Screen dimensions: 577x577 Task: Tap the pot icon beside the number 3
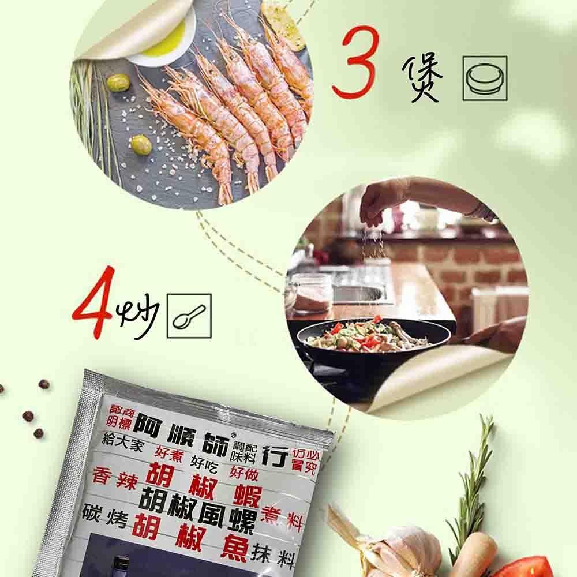click(484, 78)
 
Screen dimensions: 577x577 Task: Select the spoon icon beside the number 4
click(189, 316)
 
